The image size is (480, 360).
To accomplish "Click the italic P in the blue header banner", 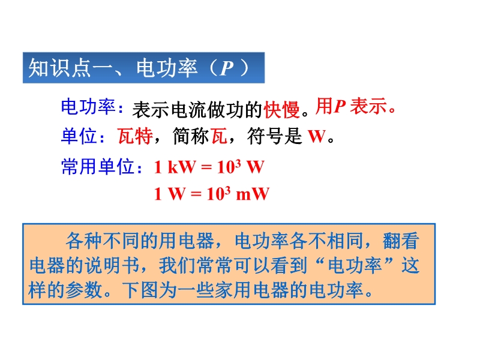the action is [227, 68].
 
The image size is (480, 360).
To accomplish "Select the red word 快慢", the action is [281, 109].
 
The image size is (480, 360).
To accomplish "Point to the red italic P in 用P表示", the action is [340, 107].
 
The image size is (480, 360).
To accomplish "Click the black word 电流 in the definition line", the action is [189, 109].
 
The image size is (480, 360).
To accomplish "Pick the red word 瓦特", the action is [136, 136].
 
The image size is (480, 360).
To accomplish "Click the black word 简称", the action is [190, 136].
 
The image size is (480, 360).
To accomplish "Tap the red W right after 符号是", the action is [317, 136].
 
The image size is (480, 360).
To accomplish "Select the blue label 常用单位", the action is [98, 167].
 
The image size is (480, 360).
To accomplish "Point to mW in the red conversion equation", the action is [253, 194].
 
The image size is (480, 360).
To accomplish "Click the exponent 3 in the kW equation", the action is [238, 164].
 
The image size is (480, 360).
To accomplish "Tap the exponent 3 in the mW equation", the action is [227, 191].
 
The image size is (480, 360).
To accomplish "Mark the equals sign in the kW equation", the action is [206, 167].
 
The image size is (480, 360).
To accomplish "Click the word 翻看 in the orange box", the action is [401, 241].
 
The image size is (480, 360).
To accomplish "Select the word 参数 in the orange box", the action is [83, 290].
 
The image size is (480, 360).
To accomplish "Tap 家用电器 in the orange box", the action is [251, 290].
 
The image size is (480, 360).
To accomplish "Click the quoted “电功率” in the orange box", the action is [355, 265].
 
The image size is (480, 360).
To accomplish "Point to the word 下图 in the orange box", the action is [140, 290].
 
